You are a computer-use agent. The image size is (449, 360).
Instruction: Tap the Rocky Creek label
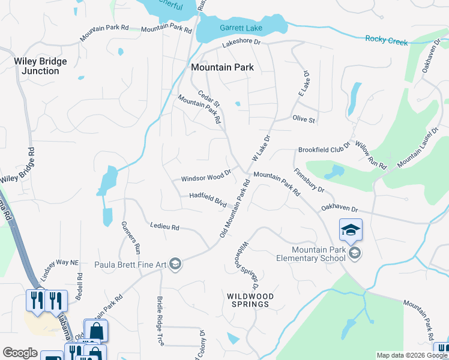(x=387, y=41)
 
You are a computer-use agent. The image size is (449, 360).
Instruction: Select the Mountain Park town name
(x=222, y=68)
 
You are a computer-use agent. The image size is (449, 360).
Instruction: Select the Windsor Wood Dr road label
(x=206, y=178)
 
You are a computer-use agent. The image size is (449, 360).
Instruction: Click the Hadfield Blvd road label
(x=208, y=199)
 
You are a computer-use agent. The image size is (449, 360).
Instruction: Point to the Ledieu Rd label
(x=164, y=227)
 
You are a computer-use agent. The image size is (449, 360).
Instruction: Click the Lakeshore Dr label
(x=241, y=43)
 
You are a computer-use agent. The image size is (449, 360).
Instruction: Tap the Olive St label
(x=304, y=119)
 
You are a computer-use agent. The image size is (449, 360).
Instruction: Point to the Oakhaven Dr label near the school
(x=339, y=209)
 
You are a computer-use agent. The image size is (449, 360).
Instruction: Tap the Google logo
(x=20, y=353)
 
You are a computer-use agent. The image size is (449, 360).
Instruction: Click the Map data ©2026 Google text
(x=411, y=355)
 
